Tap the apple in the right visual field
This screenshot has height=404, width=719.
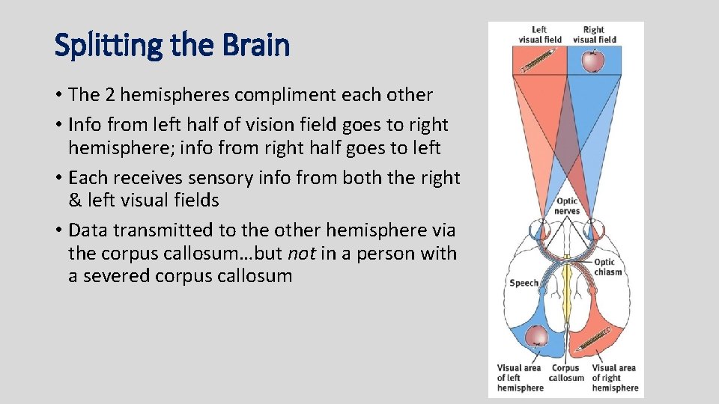pyautogui.click(x=592, y=61)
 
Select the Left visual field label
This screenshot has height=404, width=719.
pyautogui.click(x=540, y=34)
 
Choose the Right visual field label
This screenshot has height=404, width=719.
pyautogui.click(x=593, y=34)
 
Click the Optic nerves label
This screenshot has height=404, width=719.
pyautogui.click(x=567, y=206)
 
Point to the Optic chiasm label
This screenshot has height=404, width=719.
pyautogui.click(x=607, y=267)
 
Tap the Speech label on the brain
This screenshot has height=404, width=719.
pyautogui.click(x=524, y=283)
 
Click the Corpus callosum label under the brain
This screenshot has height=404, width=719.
pyautogui.click(x=566, y=373)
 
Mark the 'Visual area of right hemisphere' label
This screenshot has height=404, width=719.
pyautogui.click(x=613, y=377)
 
